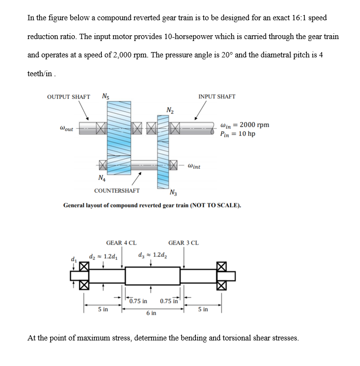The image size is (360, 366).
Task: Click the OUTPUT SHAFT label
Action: (68, 96)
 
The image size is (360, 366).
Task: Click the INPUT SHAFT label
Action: (217, 96)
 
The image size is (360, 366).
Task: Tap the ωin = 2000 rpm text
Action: (244, 125)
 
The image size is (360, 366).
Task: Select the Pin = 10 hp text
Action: (237, 134)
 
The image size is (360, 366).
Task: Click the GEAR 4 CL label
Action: (121, 243)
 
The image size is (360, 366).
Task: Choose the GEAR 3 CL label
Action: (183, 243)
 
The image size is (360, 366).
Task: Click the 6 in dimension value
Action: (151, 313)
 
